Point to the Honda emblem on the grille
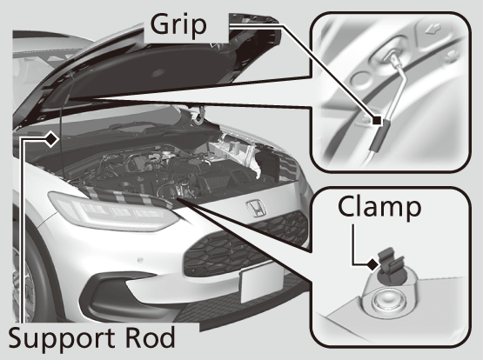click(x=255, y=207)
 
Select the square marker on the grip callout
click(x=377, y=120)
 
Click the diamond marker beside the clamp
click(x=372, y=264)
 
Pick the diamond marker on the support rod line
click(x=51, y=139)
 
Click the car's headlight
click(x=112, y=210)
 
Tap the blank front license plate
click(x=262, y=283)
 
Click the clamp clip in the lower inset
click(x=390, y=263)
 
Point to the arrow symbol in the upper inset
click(x=433, y=30)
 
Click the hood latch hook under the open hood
click(x=198, y=115)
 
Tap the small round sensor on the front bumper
click(x=140, y=260)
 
